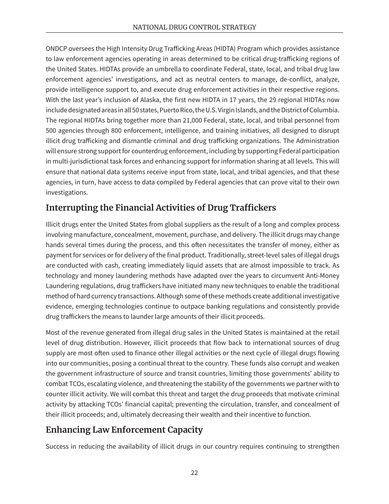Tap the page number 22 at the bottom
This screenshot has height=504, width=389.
click(x=194, y=472)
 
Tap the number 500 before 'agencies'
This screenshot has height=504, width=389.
click(x=51, y=131)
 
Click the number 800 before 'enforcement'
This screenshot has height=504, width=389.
click(x=118, y=131)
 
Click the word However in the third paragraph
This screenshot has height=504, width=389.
click(x=138, y=343)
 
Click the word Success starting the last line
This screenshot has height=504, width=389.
click(x=57, y=447)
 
